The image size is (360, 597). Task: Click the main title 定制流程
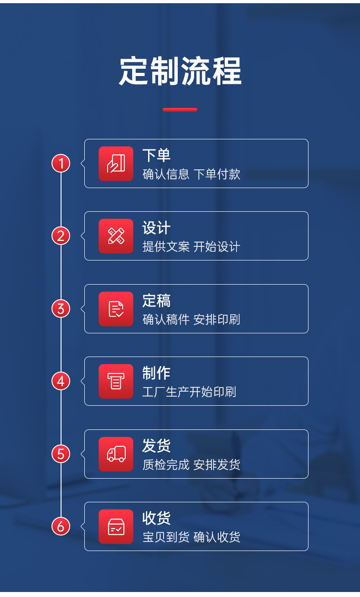180,71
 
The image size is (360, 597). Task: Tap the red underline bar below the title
180,110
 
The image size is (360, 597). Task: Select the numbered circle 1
61,163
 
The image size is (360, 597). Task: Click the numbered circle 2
61,236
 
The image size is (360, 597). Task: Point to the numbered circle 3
61,309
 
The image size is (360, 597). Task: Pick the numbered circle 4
61,381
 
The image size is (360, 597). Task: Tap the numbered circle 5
61,454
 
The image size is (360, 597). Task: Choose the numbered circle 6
61,526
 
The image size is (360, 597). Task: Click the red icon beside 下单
116,163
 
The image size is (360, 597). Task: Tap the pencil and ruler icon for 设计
116,236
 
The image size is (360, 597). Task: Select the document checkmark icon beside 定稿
116,309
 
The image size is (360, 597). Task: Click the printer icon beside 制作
116,381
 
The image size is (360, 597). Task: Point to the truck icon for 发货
116,454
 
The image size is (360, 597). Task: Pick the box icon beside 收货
116,526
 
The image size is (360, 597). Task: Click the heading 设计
156,228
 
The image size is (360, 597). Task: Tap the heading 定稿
156,301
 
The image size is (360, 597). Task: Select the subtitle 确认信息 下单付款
191,174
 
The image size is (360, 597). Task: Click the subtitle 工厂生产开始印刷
189,392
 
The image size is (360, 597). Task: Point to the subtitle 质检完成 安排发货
191,465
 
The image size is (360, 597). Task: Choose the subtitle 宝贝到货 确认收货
191,537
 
